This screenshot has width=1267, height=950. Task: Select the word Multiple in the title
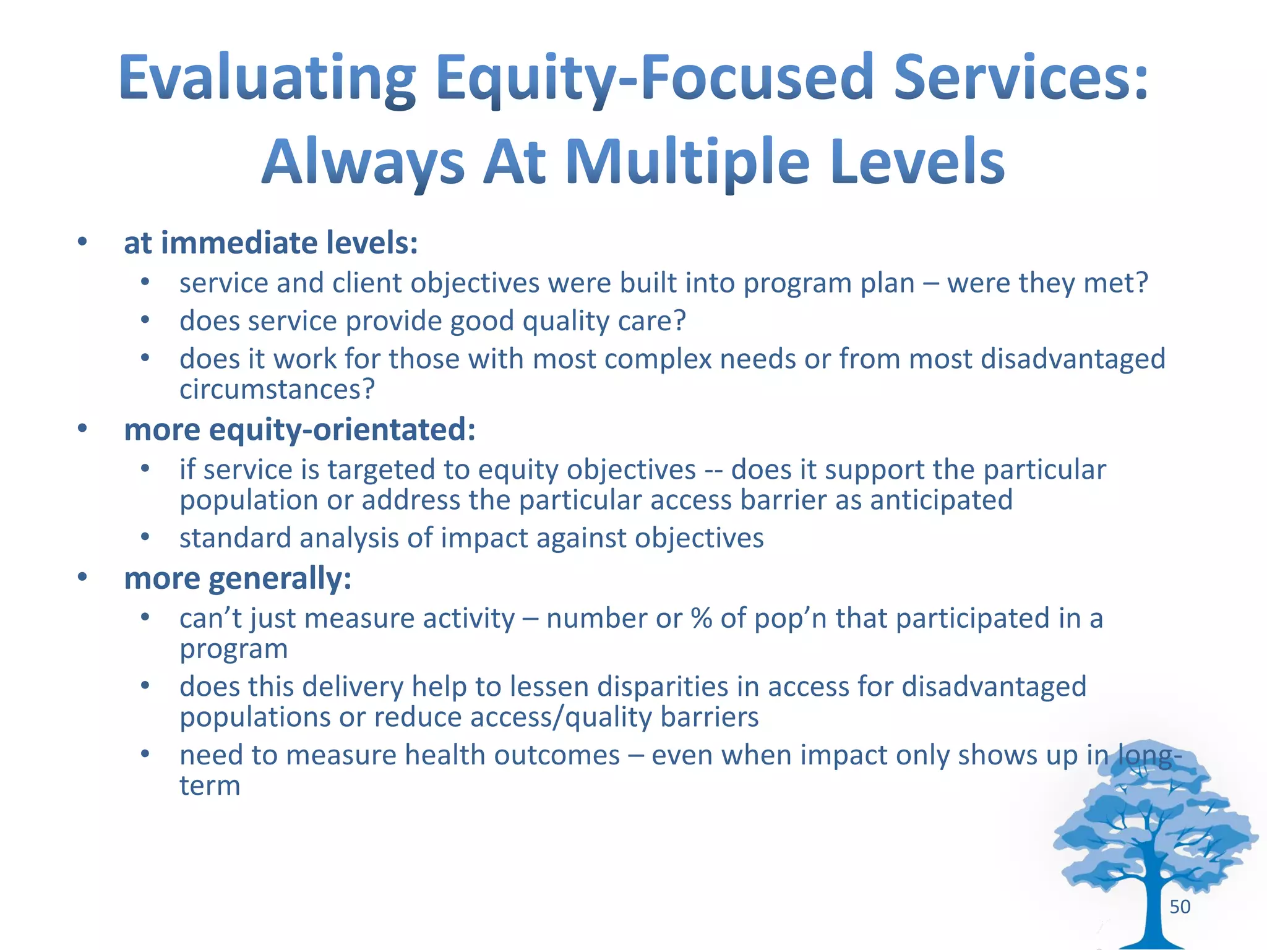click(x=687, y=162)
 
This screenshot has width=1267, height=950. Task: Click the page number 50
click(x=1180, y=907)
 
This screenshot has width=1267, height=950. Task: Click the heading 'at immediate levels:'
click(x=271, y=242)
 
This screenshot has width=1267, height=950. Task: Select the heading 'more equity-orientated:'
click(x=300, y=429)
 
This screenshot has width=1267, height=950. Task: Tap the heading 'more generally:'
click(x=238, y=578)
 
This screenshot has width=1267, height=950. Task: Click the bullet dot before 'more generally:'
click(x=82, y=577)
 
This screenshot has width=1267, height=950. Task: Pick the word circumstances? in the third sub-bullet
click(x=277, y=390)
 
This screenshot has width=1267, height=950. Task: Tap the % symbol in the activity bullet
click(x=701, y=618)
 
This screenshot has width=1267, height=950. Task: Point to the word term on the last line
click(x=210, y=786)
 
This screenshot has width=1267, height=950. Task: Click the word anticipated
click(x=941, y=500)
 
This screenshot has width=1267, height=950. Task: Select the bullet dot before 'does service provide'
click(x=145, y=320)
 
